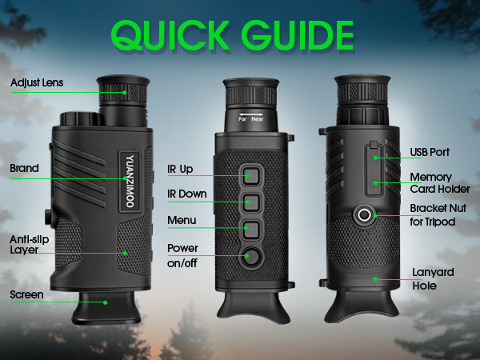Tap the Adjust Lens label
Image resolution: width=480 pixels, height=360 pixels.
point(37,82)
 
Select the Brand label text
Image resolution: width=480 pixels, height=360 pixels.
point(24,169)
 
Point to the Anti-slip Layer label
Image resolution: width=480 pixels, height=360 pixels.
point(29,243)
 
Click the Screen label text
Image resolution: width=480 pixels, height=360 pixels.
point(26,294)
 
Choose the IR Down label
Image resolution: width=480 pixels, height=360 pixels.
point(186,194)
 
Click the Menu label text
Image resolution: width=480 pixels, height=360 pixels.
point(182,219)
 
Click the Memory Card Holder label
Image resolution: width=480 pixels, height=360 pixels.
point(431,183)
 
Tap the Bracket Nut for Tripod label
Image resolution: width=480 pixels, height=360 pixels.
point(433,214)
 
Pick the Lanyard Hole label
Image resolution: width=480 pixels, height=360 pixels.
point(433,278)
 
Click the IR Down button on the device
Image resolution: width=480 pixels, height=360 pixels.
point(252,201)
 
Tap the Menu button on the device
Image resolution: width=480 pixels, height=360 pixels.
point(252,228)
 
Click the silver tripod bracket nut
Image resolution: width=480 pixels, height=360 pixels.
point(365,214)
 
